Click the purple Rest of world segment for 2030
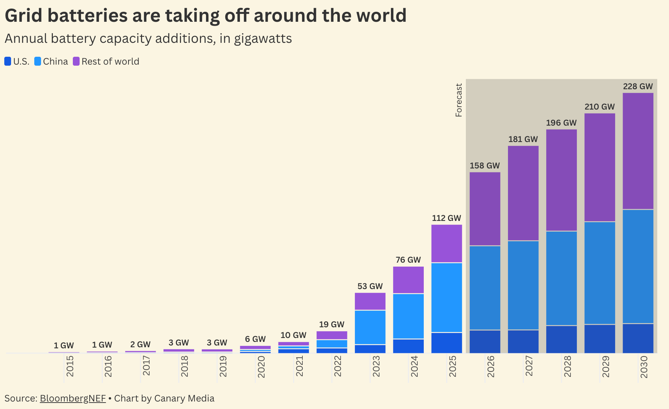click(638, 151)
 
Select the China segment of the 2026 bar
click(485, 288)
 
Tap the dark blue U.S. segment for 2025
click(447, 343)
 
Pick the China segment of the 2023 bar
click(370, 327)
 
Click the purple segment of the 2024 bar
click(408, 280)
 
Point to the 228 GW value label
click(638, 86)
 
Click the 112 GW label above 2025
click(447, 218)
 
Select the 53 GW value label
click(370, 286)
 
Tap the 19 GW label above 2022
click(332, 324)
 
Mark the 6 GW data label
click(255, 339)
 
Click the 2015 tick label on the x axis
click(70, 366)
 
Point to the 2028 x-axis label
click(568, 366)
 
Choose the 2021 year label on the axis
click(300, 366)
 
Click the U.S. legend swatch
click(8, 61)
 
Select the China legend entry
click(51, 61)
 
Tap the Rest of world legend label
click(110, 61)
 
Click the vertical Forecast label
click(459, 100)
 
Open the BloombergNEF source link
click(73, 398)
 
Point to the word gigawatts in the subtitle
click(263, 39)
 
